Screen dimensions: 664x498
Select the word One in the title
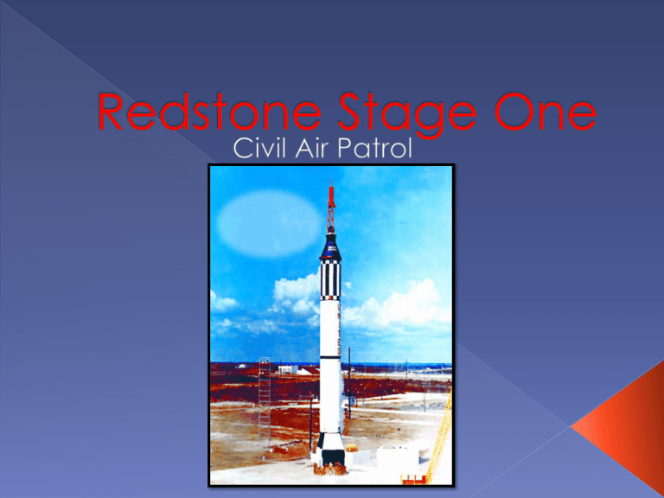[x=546, y=112]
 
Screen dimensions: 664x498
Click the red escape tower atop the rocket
[x=331, y=207]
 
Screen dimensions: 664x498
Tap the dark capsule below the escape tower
[x=330, y=247]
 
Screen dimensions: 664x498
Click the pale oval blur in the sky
[x=270, y=223]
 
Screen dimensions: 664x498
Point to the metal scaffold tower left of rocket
[x=265, y=397]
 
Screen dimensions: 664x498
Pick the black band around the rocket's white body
[x=330, y=358]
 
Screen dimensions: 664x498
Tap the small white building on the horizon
[x=288, y=369]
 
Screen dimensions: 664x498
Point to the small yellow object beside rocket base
[x=351, y=447]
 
